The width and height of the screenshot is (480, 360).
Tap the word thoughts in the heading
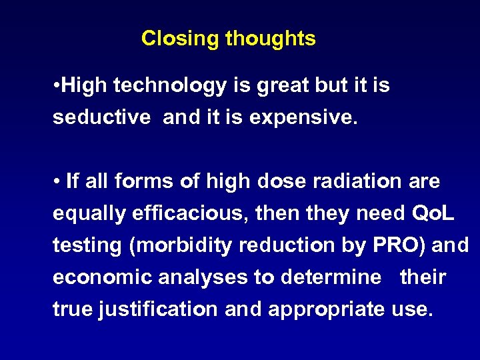(270, 39)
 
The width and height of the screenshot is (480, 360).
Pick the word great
(275, 86)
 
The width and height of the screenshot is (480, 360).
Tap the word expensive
(301, 118)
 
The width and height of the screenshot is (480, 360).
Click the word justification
(157, 309)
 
